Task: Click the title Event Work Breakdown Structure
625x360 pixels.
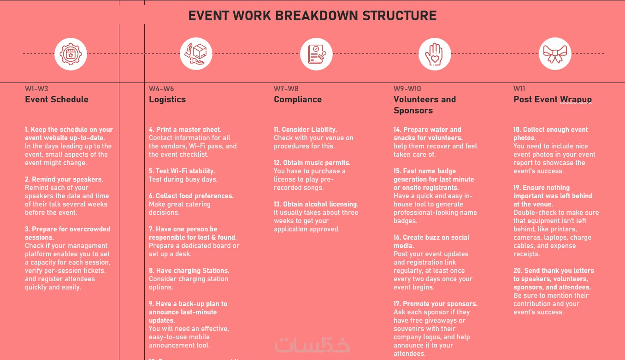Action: (x=312, y=16)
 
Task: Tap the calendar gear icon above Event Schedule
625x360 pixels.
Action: (x=71, y=54)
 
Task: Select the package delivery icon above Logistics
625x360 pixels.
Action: (x=195, y=54)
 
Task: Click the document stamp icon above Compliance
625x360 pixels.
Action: (x=316, y=54)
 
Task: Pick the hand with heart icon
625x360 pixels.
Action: (x=434, y=54)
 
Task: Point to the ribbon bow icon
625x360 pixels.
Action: (x=555, y=54)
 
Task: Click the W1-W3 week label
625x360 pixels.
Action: (x=36, y=89)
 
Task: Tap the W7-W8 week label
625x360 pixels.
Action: (x=286, y=89)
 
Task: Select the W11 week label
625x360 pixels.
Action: (x=519, y=89)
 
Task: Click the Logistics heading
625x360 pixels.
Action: (x=167, y=100)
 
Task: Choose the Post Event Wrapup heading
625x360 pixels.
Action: (x=552, y=100)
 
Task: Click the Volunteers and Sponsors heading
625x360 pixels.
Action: (x=425, y=105)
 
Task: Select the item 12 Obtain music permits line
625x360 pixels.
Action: (x=312, y=163)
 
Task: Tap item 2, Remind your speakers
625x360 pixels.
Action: (x=64, y=179)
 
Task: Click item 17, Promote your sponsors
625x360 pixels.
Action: (x=436, y=304)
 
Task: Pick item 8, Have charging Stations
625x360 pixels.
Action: (x=189, y=271)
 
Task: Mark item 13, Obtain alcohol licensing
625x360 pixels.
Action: (x=316, y=204)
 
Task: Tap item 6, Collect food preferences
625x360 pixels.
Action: (x=191, y=196)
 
